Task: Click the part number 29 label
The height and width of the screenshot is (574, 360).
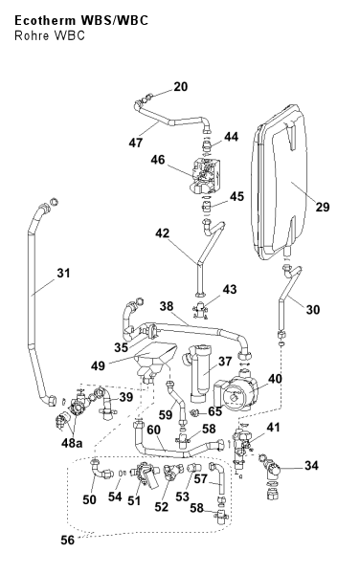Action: click(x=323, y=207)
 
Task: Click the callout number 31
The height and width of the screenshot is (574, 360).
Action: click(x=63, y=273)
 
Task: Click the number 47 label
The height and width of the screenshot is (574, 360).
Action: click(x=136, y=143)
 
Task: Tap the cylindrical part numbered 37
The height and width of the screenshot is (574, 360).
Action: click(x=199, y=373)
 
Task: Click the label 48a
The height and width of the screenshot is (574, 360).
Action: click(x=72, y=443)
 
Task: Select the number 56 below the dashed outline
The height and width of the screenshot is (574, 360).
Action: click(x=67, y=540)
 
